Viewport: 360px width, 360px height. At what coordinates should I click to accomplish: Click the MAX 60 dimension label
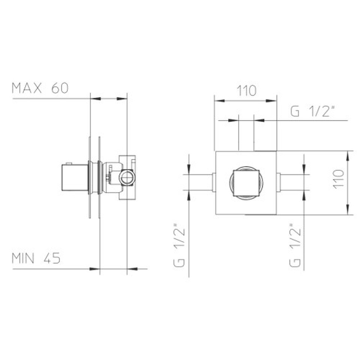tap(40, 88)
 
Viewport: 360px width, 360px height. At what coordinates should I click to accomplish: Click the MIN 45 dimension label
tap(36, 258)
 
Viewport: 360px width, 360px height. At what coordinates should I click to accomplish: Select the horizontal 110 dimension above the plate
tap(246, 91)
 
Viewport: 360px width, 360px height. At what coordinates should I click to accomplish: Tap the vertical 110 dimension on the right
tap(338, 180)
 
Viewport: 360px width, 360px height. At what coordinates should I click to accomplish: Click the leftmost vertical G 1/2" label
tap(179, 245)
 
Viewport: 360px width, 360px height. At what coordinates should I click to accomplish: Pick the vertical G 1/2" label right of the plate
tap(295, 245)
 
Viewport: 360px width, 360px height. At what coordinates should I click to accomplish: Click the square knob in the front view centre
tap(246, 183)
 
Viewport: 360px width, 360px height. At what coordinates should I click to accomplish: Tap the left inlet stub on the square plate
tap(214, 183)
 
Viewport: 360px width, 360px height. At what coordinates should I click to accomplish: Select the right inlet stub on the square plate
tap(279, 183)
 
